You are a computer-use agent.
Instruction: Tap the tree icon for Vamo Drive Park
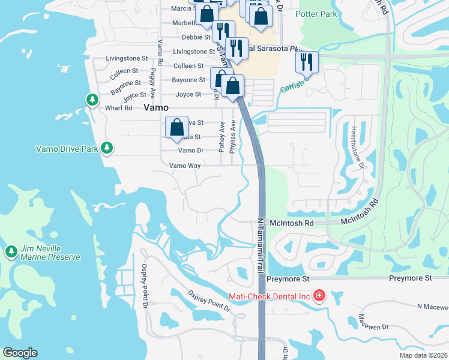(107, 147)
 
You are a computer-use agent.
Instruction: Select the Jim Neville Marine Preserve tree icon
(11, 250)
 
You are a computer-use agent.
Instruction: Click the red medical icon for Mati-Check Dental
(319, 296)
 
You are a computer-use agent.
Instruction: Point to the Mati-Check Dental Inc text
(269, 296)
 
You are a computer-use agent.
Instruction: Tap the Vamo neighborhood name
(156, 108)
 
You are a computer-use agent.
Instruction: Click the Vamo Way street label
(184, 166)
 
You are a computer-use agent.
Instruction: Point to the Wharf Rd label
(118, 108)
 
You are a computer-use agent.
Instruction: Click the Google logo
(20, 353)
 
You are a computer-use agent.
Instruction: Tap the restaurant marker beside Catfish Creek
(306, 61)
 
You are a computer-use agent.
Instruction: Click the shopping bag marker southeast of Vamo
(176, 127)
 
